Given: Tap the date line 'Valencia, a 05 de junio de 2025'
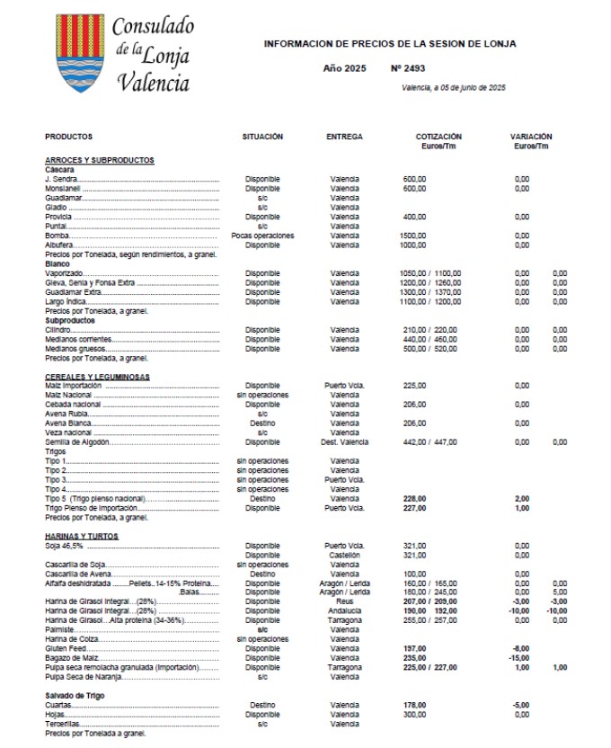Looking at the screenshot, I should coord(455,87).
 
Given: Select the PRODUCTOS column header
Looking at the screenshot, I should coord(68,137).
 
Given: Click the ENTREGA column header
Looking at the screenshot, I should coord(344,137).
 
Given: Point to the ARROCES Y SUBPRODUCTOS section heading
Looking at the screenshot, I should coord(100,160).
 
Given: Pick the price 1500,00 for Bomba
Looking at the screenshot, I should coord(415,235).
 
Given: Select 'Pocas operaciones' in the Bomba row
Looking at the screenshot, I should coord(262,235).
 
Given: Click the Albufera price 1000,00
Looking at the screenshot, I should coord(415,245).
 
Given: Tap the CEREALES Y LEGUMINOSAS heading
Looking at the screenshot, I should coord(97,377).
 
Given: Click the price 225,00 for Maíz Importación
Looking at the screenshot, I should coord(415,386).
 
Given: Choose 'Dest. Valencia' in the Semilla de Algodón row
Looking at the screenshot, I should coord(344,441).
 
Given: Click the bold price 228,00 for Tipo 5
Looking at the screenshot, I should coord(415,498).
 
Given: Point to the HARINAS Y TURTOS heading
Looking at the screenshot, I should coord(82,536).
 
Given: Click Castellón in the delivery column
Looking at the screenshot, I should coord(344,555).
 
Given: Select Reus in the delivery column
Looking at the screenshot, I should coord(344,601).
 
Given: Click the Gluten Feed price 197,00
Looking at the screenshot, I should coord(415,648).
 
